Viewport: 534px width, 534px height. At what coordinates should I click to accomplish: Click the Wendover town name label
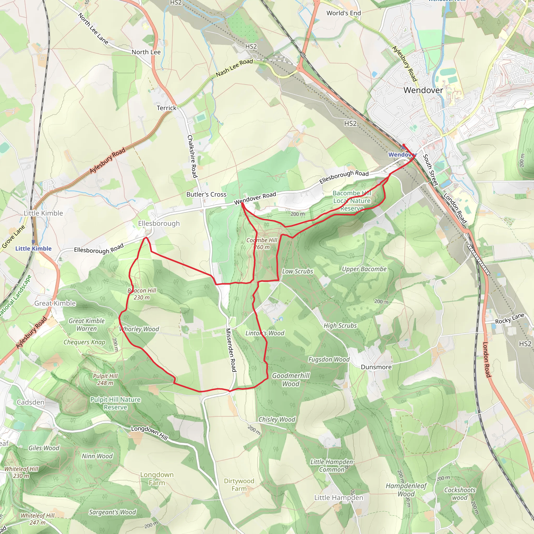click(423, 90)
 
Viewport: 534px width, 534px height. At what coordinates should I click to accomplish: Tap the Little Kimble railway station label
click(33, 248)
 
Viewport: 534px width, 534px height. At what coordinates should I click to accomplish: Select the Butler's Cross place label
click(206, 194)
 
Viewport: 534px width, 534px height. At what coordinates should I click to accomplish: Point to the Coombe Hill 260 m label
click(262, 244)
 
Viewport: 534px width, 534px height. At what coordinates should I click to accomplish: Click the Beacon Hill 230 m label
click(142, 294)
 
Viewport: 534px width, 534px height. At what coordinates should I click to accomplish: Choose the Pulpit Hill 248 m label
click(105, 379)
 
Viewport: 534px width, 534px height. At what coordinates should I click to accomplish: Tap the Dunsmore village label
click(376, 367)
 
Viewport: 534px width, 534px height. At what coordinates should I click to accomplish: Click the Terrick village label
click(166, 108)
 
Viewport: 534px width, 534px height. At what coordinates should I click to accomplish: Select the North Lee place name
click(146, 52)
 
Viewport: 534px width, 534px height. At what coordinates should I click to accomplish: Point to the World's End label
click(344, 13)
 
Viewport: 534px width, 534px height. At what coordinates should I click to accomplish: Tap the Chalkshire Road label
click(192, 156)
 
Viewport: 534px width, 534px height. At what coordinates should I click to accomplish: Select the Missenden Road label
click(231, 350)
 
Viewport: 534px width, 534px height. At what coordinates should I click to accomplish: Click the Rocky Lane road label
click(509, 319)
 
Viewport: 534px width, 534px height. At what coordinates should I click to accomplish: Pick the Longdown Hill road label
click(149, 433)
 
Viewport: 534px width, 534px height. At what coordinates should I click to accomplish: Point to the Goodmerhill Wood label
click(290, 379)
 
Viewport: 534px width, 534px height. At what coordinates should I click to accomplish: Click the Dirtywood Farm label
click(239, 485)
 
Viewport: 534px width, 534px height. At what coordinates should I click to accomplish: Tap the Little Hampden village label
click(339, 497)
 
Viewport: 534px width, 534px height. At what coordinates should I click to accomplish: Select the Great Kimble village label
click(55, 303)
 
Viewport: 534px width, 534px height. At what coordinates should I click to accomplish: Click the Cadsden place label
click(31, 402)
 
